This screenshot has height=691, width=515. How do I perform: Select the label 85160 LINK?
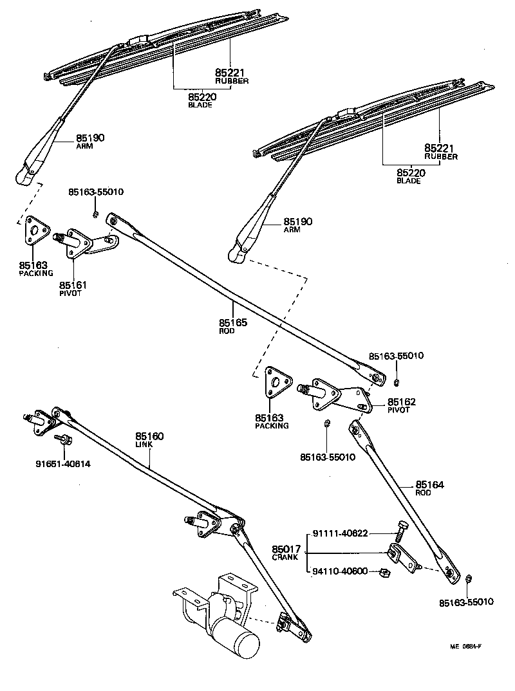[149, 440]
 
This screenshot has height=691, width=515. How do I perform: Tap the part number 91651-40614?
[64, 463]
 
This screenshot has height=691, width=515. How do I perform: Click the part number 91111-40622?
[341, 533]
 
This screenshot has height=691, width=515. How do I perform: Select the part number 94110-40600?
[341, 570]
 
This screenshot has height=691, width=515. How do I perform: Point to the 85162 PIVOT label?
[402, 405]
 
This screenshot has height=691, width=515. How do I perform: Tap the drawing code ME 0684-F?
[465, 647]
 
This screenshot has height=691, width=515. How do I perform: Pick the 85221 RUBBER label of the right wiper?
[440, 152]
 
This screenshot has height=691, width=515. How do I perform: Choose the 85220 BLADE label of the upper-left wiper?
[201, 100]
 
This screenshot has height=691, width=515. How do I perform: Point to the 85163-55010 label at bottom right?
[466, 602]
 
